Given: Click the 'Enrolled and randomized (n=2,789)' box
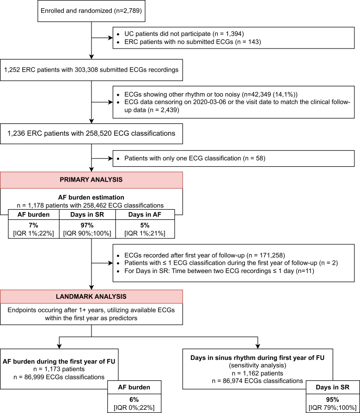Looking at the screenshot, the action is coord(92,11).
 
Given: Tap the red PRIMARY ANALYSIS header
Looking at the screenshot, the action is coord(92,180).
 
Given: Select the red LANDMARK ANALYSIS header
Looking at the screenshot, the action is coord(92,297).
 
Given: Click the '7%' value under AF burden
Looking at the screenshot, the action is coord(33,225).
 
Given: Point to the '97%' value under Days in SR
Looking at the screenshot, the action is coord(87,225).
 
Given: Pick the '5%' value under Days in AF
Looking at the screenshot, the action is coord(145,225).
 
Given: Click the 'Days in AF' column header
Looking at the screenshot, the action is coord(145,215).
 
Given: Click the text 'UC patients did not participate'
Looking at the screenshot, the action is coord(168,34).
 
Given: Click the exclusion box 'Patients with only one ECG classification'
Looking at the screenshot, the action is coord(233,158).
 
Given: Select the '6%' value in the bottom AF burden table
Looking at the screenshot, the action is coord(134,400).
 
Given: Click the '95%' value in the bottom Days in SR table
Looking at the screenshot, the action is coord(333,400).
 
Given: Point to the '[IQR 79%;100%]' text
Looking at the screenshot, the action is coord(333,407).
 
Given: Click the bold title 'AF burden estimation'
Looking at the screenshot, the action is coord(91,198).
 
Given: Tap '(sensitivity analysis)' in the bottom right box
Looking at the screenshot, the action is coord(257,365).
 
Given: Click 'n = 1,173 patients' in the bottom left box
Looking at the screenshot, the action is coord(59,369).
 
